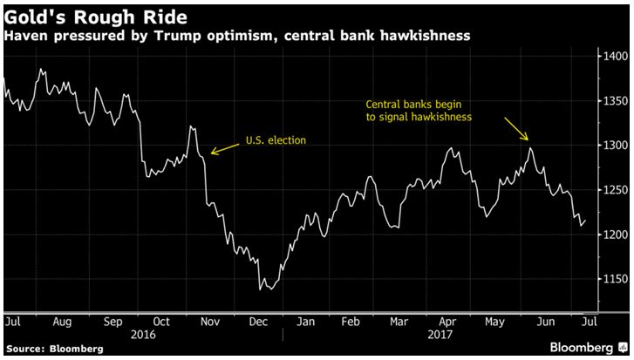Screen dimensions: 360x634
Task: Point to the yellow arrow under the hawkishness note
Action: coord(516,128)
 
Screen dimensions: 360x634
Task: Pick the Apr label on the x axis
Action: coord(448,322)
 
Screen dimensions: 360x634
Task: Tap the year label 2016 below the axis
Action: coord(140,333)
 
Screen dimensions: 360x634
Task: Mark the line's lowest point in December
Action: coord(262,289)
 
